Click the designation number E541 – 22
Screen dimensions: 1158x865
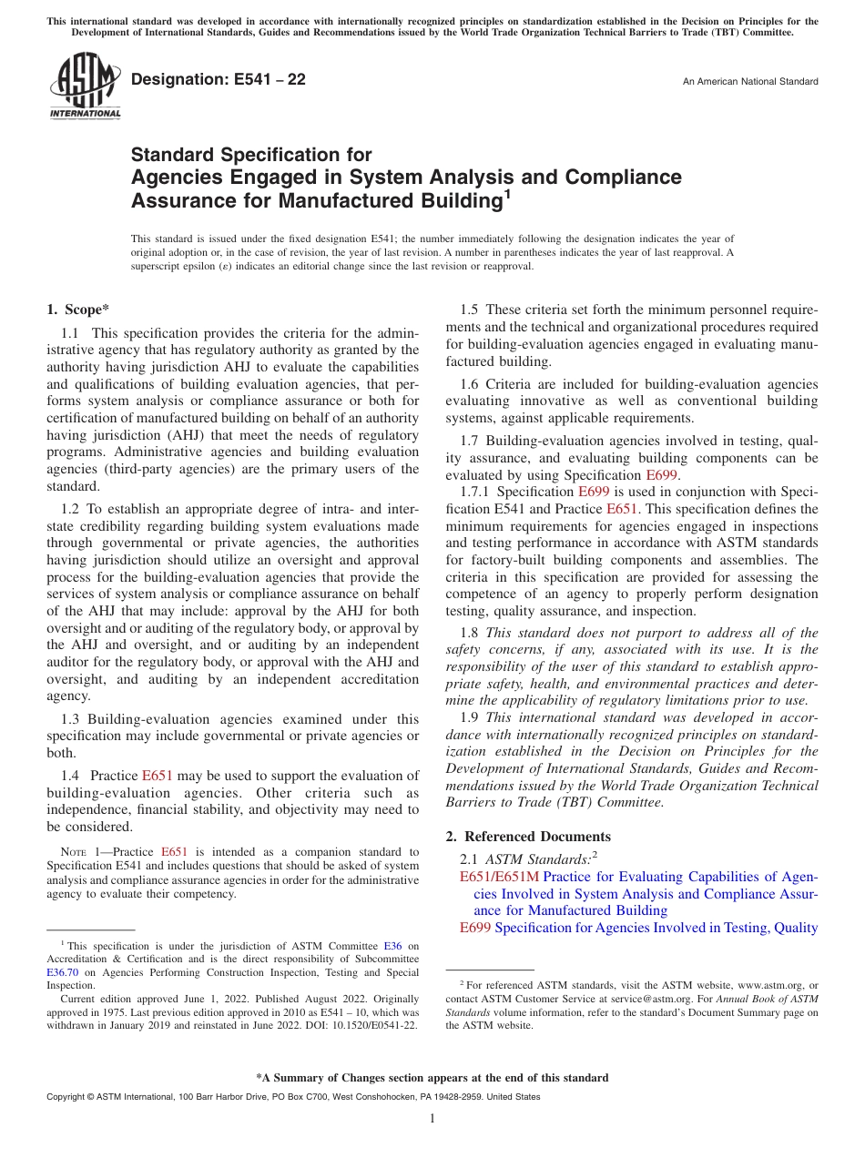[x=219, y=80]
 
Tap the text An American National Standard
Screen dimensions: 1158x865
[x=750, y=82]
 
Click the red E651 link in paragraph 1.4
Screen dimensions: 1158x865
[x=157, y=776]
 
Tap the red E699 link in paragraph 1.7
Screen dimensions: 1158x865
[x=661, y=475]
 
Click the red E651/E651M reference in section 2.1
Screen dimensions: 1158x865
[x=499, y=877]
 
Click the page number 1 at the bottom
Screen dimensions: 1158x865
[x=432, y=1119]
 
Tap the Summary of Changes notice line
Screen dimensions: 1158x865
[x=432, y=1078]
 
